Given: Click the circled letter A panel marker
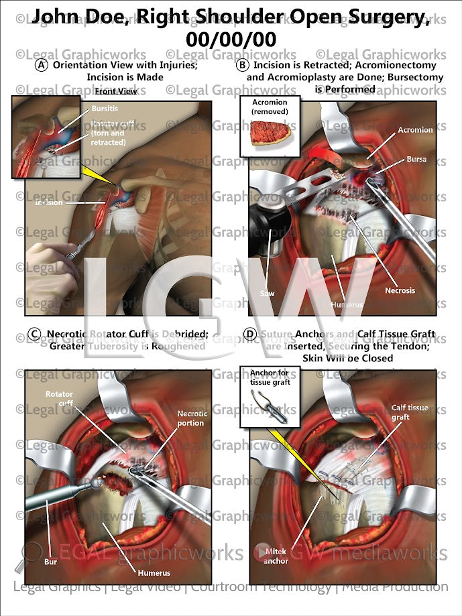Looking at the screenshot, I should click(42, 66).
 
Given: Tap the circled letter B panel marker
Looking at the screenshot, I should click(243, 66).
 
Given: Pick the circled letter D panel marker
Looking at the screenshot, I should click(250, 334).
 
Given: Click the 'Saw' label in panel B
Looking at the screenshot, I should click(268, 294).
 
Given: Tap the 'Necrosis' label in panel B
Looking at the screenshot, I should click(400, 290).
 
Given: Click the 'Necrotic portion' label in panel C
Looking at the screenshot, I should click(192, 418).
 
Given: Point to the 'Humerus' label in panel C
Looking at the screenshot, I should click(155, 572).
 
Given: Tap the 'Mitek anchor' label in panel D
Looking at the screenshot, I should click(276, 556).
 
